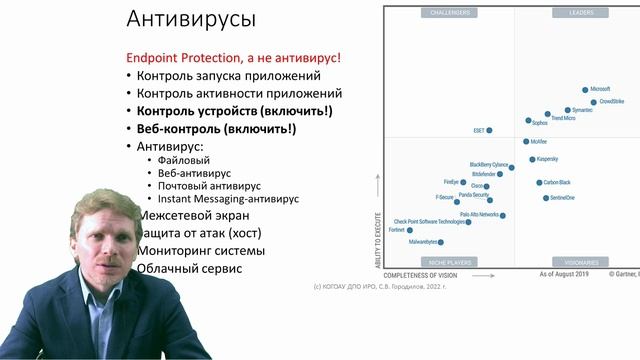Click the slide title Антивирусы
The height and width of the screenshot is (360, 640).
pyautogui.click(x=192, y=19)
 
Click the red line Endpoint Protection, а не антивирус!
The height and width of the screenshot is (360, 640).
pyautogui.click(x=233, y=58)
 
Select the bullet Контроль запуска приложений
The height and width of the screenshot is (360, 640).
pyautogui.click(x=228, y=76)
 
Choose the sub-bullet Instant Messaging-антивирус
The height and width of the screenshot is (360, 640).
pyautogui.click(x=232, y=199)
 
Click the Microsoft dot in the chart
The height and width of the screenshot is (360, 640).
pyautogui.click(x=585, y=89)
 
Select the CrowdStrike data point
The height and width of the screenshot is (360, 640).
pyautogui.click(x=593, y=102)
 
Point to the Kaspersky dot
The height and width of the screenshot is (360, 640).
pyautogui.click(x=532, y=159)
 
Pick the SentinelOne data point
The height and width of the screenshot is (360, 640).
pyautogui.click(x=546, y=198)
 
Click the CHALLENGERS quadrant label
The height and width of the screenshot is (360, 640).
pyautogui.click(x=449, y=13)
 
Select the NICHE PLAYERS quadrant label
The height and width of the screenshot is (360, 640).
pyautogui.click(x=449, y=262)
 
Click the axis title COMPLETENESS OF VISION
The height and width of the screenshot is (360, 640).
pyautogui.click(x=420, y=274)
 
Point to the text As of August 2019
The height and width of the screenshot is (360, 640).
pyautogui.click(x=565, y=274)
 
